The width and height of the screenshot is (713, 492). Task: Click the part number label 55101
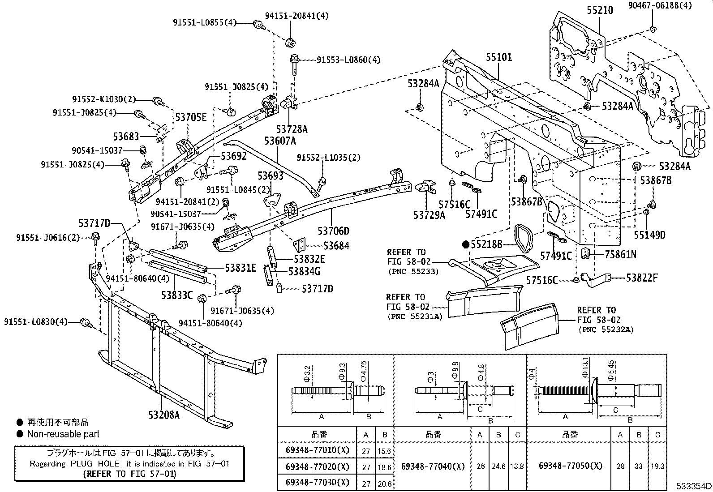pos(499,57)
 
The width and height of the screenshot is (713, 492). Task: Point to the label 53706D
pos(333,231)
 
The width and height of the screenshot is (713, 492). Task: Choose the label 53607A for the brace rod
pos(280,141)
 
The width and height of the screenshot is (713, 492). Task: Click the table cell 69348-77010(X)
pos(317,450)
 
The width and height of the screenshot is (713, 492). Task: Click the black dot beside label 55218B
pos(465,244)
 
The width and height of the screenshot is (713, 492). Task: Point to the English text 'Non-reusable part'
pos(63,434)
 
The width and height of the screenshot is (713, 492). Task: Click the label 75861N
pos(620,255)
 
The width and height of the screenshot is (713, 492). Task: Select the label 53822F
pos(642,278)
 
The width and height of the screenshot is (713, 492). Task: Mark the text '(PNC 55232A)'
pos(606,329)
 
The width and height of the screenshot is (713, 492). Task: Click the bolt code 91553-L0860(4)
pos(348,60)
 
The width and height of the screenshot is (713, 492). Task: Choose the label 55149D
pos(650,235)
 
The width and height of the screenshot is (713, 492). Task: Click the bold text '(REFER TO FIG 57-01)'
pos(129,474)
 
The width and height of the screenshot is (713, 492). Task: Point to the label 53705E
pos(191,118)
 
